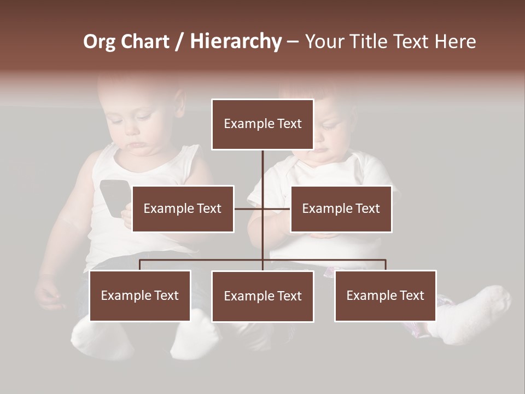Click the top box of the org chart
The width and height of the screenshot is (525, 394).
coord(262,124)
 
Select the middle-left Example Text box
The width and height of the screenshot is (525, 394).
coord(183,208)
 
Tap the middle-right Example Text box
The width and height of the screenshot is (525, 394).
coord(341,208)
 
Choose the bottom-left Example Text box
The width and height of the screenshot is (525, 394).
coord(140,296)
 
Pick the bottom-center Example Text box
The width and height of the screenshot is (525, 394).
coord(262,296)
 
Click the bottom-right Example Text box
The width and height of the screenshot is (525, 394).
coord(385,296)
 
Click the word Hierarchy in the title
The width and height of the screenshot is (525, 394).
coord(235,42)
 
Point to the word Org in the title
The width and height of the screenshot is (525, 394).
coord(99,42)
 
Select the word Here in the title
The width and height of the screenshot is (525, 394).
coord(455,42)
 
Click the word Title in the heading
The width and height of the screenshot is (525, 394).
coord(367,42)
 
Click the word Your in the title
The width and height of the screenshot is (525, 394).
coord(325,42)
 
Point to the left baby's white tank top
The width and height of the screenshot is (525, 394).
coord(109,241)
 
